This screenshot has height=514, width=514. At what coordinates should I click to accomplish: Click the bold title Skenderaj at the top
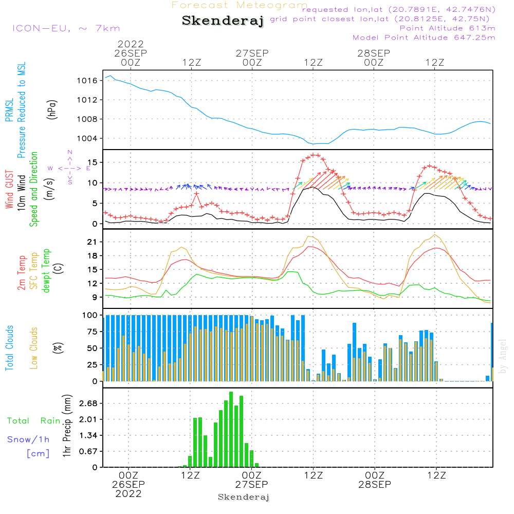223,21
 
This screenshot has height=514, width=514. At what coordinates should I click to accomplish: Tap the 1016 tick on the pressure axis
87,81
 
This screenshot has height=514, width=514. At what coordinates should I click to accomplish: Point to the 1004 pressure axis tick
87,138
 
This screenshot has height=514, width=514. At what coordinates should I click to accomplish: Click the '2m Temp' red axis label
21,272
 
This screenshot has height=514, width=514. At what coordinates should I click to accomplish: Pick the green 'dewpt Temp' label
46,271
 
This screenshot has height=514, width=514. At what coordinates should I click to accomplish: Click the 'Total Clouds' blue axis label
9,348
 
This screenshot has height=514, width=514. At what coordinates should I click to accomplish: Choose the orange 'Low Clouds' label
34,347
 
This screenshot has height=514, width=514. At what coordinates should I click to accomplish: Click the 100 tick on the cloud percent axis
90,315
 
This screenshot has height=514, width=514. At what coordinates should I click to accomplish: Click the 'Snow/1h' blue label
29,439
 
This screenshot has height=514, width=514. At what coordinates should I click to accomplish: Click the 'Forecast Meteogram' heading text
240,5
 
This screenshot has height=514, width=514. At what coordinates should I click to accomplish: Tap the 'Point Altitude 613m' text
447,28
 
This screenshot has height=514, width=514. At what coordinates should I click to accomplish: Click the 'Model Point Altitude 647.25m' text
424,38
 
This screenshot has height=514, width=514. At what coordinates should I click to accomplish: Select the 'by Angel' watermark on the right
503,356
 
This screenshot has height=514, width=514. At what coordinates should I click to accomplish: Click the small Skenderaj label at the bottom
244,497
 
